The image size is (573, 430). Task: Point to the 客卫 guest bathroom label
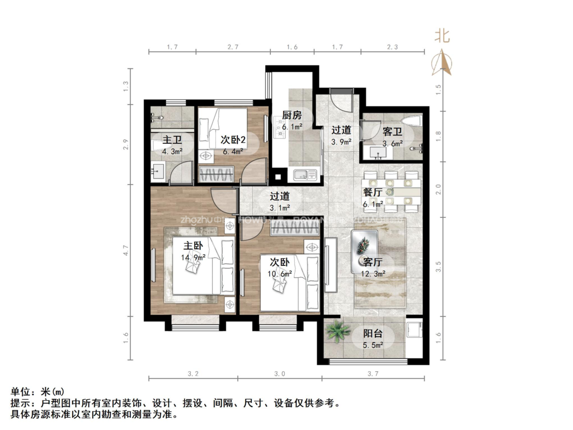pos(392,132)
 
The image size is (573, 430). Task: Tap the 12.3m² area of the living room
pos(372,274)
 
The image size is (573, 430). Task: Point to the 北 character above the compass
pos(443,36)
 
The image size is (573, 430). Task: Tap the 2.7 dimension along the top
pos(233,48)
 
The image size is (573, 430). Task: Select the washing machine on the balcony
pos(415,330)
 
